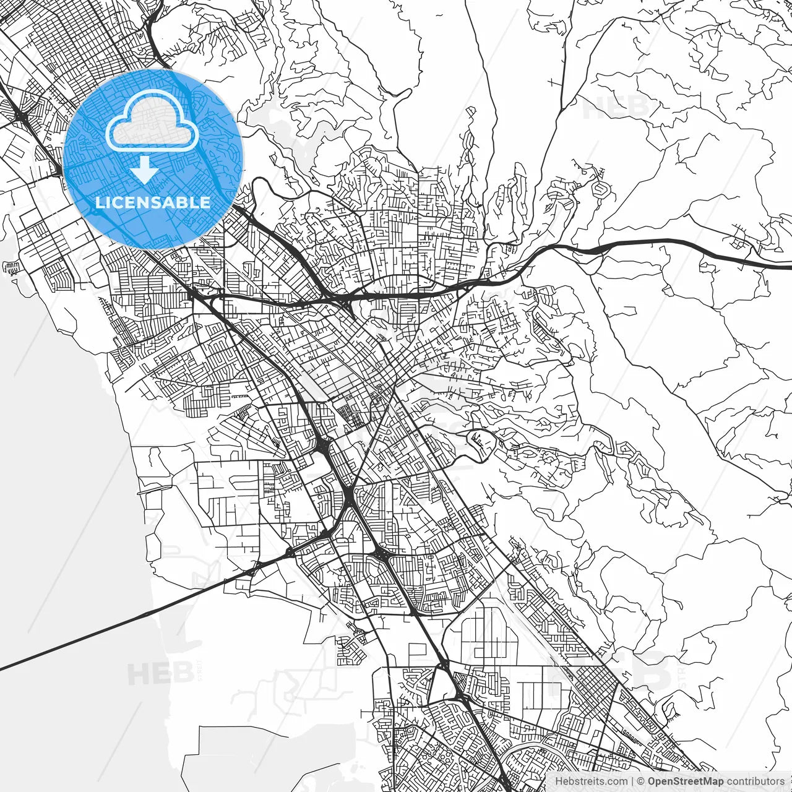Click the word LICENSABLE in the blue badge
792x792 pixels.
153,202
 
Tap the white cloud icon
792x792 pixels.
152,122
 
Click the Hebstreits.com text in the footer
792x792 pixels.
591,781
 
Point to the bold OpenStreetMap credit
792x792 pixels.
686,781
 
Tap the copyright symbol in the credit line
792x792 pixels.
641,781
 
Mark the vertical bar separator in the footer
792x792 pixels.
632,781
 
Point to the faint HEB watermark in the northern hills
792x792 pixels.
616,108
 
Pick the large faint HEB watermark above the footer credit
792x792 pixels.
609,671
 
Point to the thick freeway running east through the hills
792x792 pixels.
681,247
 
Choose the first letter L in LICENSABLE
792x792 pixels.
99,202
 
